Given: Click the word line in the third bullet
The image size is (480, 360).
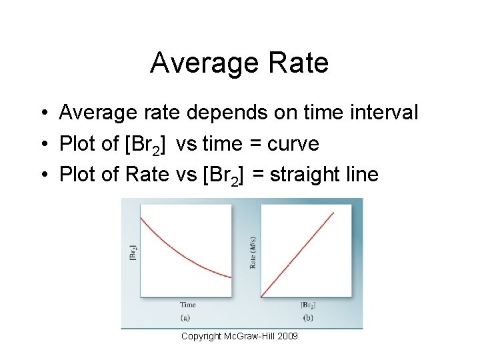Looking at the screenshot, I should [x=363, y=175].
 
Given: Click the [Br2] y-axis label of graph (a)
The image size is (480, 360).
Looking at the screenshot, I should [x=133, y=251].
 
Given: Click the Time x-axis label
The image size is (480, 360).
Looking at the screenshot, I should [x=187, y=305].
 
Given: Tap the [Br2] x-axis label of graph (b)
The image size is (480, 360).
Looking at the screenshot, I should [x=308, y=305].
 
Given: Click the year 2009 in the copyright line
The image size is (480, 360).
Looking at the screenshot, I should [x=287, y=336].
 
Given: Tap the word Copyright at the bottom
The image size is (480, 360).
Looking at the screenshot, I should [x=201, y=336].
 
